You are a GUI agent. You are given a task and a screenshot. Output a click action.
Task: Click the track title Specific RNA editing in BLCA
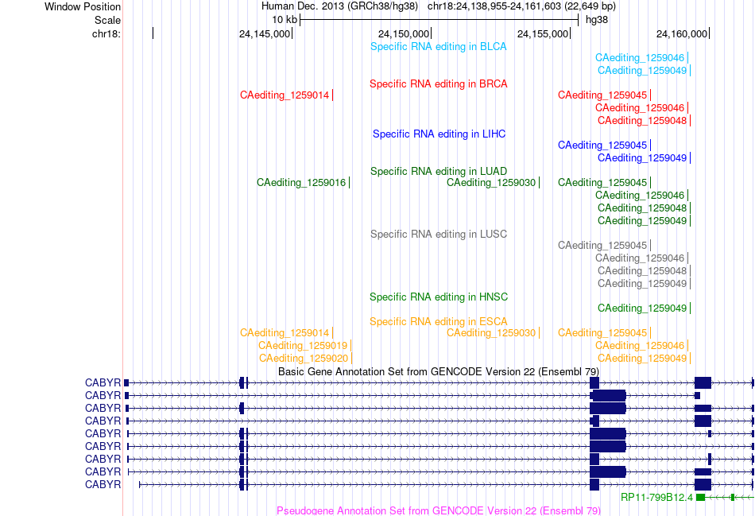pyautogui.click(x=438, y=47)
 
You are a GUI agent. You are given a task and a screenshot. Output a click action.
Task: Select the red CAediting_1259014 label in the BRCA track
pyautogui.click(x=285, y=95)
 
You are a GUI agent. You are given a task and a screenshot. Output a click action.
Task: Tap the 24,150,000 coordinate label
pyautogui.click(x=404, y=34)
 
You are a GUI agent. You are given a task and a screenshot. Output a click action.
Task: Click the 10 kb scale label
pyautogui.click(x=285, y=20)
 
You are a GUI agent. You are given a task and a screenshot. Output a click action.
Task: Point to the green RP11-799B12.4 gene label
pyautogui.click(x=656, y=497)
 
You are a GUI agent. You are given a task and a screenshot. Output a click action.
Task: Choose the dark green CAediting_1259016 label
pyautogui.click(x=301, y=183)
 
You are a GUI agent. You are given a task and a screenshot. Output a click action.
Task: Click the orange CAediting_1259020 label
pyautogui.click(x=304, y=359)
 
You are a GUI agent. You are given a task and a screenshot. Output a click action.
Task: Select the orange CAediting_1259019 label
pyautogui.click(x=302, y=346)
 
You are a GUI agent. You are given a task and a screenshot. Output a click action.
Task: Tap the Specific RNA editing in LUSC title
pyautogui.click(x=439, y=235)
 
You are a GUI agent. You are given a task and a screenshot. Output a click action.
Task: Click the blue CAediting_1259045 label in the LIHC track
pyautogui.click(x=602, y=145)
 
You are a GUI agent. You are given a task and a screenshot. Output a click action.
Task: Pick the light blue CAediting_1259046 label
pyautogui.click(x=640, y=58)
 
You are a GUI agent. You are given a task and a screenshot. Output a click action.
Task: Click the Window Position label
pyautogui.click(x=83, y=6)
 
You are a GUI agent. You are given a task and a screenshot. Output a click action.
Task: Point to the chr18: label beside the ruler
pyautogui.click(x=106, y=34)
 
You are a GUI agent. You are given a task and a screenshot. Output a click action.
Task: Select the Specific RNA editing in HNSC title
pyautogui.click(x=439, y=297)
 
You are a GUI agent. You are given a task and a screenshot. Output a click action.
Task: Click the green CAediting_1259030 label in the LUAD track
pyautogui.click(x=491, y=183)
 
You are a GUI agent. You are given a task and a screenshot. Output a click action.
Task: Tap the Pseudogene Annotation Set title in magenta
pyautogui.click(x=439, y=510)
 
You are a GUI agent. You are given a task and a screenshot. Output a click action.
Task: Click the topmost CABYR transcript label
pyautogui.click(x=103, y=383)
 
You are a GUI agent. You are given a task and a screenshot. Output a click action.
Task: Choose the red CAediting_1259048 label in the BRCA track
pyautogui.click(x=642, y=120)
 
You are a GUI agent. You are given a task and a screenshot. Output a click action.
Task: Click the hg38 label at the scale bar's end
pyautogui.click(x=597, y=20)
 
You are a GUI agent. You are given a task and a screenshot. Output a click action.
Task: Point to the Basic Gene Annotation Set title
pyautogui.click(x=439, y=372)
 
